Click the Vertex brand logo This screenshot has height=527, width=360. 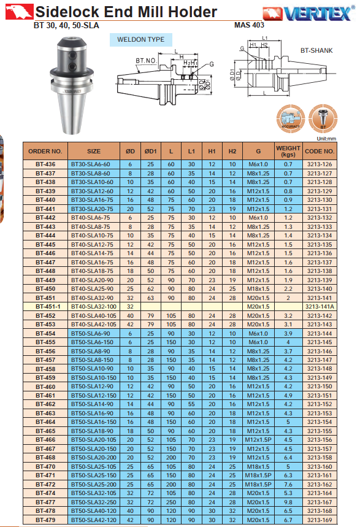[x=308, y=13]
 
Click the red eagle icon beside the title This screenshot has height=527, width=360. [x=20, y=12]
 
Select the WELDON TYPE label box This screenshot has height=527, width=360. [x=141, y=40]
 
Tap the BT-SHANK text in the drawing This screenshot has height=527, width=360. [x=316, y=50]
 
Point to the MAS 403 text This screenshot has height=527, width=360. [x=249, y=25]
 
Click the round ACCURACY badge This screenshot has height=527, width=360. [x=291, y=118]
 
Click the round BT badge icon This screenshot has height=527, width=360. [x=323, y=118]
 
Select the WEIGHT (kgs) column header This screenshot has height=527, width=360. [x=288, y=152]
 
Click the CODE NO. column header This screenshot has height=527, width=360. [x=320, y=152]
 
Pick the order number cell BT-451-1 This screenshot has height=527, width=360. [x=45, y=307]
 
